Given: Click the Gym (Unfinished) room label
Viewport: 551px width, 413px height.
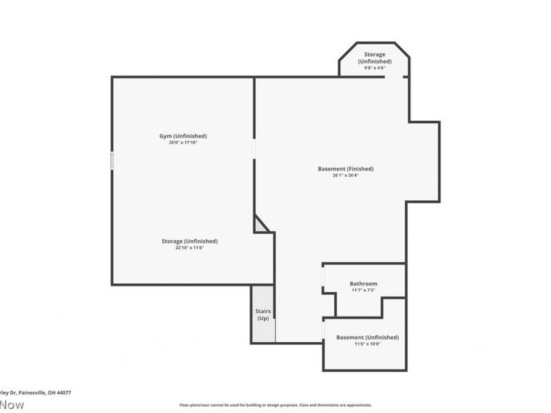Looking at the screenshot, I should coord(183,136).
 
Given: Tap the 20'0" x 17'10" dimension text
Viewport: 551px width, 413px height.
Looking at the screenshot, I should coord(183,142).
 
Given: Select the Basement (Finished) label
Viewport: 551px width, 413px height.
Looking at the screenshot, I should coord(346,169).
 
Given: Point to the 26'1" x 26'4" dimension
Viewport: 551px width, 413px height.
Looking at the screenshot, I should coord(346,176).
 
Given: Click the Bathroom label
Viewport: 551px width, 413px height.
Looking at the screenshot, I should coord(363,284).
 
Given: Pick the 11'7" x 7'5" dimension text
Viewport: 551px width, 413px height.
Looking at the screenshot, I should coord(363,290).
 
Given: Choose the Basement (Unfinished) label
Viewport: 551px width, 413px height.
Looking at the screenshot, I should coord(367,337).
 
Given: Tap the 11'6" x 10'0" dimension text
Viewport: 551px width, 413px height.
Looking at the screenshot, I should coord(367,344).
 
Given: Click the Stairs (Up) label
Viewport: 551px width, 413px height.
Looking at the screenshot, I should coord(263,315).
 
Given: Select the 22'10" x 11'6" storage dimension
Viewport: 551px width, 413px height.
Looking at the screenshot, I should coord(189,248).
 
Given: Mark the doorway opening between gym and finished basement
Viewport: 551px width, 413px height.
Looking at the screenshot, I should coord(254,149).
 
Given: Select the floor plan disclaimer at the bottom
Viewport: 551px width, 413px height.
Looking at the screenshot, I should coord(275,405).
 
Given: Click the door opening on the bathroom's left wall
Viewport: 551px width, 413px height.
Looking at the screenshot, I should coord(323,275).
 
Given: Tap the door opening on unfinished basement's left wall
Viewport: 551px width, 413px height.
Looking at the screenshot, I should coord(323,330).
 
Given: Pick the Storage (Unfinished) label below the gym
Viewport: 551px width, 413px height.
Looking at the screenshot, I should coord(189,241).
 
